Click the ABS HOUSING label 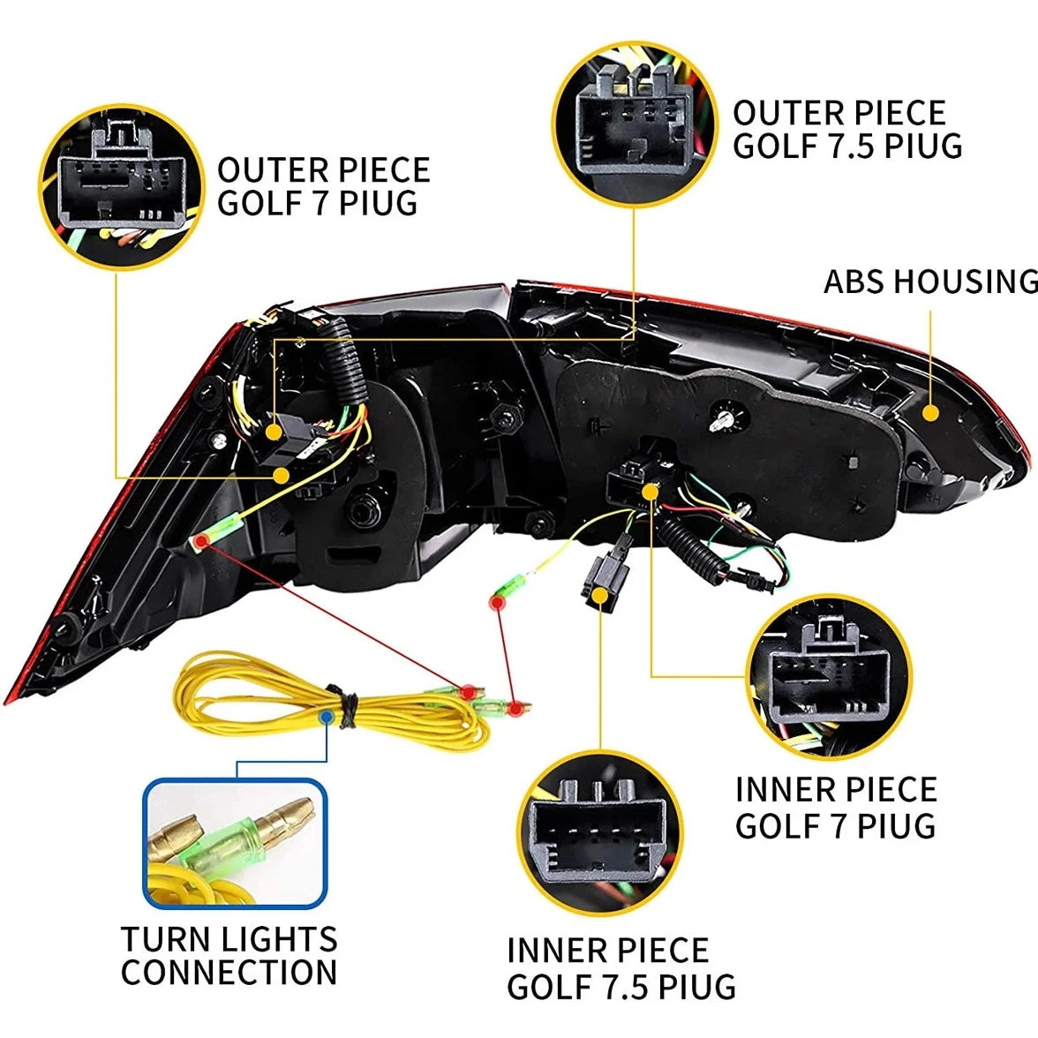(930, 282)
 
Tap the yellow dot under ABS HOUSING (930, 413)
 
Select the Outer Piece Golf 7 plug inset (121, 187)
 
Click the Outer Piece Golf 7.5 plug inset (634, 124)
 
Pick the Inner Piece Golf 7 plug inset (829, 676)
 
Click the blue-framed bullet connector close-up (235, 844)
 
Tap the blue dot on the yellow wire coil (326, 717)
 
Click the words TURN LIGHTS (229, 939)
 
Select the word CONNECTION (229, 972)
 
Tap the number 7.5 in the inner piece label (625, 987)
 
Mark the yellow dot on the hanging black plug (600, 595)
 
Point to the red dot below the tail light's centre (496, 603)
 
